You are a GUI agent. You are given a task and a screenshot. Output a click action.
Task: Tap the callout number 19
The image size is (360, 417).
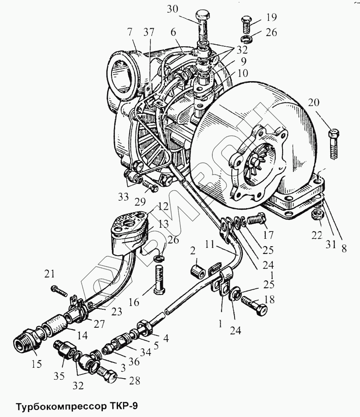coord(270,18)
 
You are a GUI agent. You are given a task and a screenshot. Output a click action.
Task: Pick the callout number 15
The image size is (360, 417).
coord(37,364)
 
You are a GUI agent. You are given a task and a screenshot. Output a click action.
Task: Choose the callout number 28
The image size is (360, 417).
coord(134,381)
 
